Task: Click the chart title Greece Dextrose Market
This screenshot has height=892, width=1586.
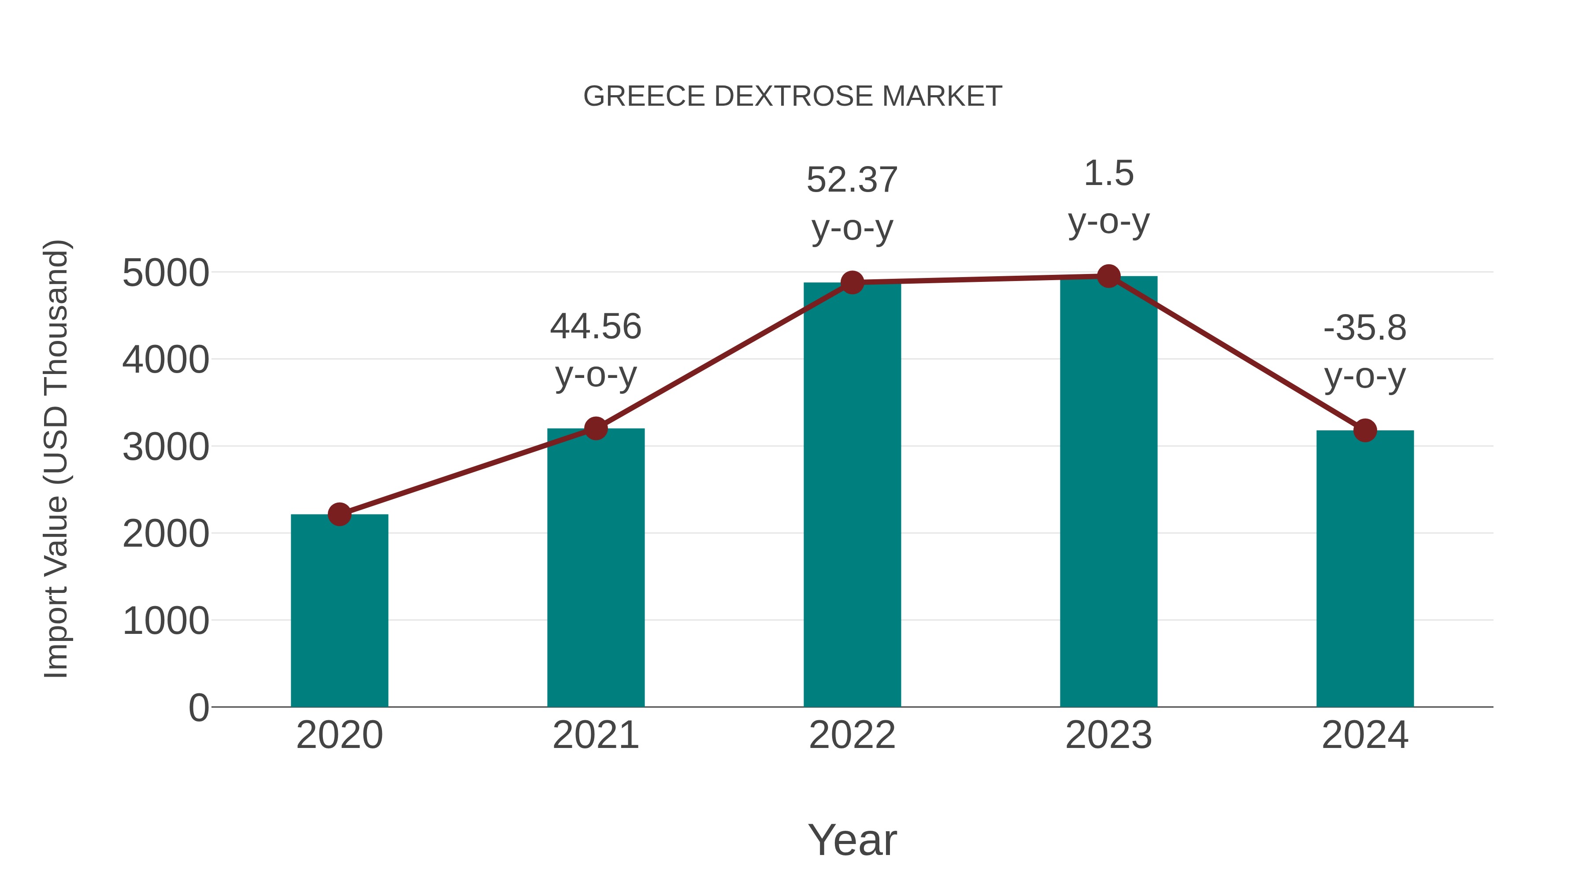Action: (x=793, y=96)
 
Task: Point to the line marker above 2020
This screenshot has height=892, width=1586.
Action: (x=339, y=514)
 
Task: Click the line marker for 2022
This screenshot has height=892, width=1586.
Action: (x=852, y=282)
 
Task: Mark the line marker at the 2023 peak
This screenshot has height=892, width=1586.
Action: (x=1108, y=276)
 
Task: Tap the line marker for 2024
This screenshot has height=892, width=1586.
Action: (x=1365, y=430)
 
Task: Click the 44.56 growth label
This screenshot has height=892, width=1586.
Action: (x=595, y=326)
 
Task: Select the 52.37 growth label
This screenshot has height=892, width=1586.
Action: (x=852, y=180)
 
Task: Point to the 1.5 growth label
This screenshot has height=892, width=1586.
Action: (x=1108, y=173)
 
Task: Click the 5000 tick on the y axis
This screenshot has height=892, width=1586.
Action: (x=166, y=273)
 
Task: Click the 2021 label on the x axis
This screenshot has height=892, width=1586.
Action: (x=595, y=735)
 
